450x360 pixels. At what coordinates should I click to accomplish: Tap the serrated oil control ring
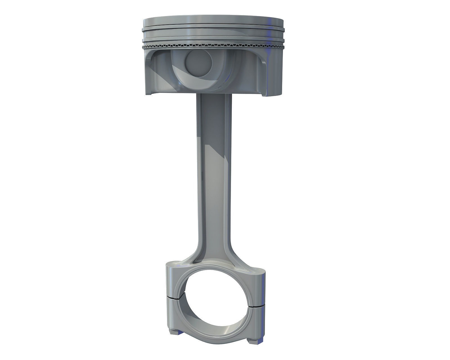click(214, 45)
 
